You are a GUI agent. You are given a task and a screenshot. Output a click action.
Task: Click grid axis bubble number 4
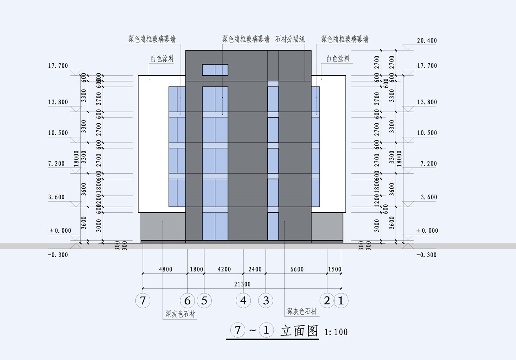(x=244, y=301)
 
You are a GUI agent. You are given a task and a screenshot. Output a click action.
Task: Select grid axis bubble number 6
(x=187, y=301)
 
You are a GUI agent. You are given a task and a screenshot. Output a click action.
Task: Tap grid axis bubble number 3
(x=266, y=301)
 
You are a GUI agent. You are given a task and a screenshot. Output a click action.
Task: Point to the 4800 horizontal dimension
(x=165, y=269)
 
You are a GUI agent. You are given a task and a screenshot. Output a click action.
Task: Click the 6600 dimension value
(x=297, y=269)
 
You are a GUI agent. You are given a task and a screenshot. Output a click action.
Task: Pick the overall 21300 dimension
(x=242, y=284)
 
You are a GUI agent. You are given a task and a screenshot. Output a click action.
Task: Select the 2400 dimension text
(x=255, y=269)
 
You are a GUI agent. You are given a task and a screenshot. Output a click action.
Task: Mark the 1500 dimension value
(x=335, y=269)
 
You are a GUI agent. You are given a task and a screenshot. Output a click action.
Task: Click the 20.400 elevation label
(x=427, y=41)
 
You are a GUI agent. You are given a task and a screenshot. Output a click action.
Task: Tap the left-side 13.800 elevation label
(x=58, y=102)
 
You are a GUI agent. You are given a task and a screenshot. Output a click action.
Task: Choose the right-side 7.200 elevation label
(x=427, y=163)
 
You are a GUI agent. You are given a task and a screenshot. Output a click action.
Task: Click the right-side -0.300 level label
(x=427, y=255)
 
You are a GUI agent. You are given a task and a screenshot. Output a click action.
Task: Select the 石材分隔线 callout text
(x=290, y=39)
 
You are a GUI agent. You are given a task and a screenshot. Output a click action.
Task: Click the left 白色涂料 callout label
(x=163, y=59)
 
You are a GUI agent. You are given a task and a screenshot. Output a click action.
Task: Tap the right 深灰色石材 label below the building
(x=302, y=312)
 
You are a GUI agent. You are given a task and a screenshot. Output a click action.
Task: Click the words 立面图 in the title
(x=299, y=331)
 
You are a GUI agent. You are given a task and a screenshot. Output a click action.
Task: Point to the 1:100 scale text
(x=336, y=332)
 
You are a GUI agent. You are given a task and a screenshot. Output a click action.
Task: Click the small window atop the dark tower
(x=215, y=70)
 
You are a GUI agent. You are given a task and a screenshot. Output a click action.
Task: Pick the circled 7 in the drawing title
(x=237, y=330)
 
